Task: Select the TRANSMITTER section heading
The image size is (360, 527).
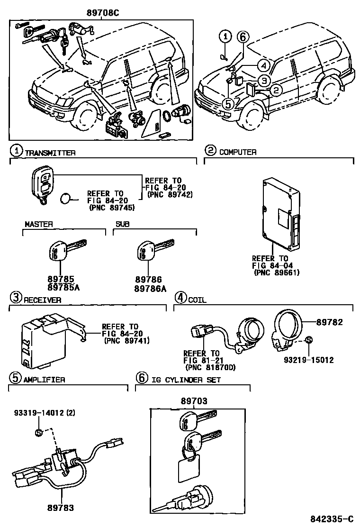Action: pos(50,152)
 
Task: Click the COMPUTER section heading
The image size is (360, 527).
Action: pos(238,152)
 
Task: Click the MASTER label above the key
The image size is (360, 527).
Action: pos(38,224)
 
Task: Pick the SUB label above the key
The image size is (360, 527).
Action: pos(122,224)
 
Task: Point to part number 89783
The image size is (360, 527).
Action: pos(60,508)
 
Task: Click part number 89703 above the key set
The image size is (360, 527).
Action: pos(194,401)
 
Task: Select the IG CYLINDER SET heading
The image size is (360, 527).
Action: pos(186,379)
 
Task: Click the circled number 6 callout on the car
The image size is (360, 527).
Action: pos(242,36)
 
